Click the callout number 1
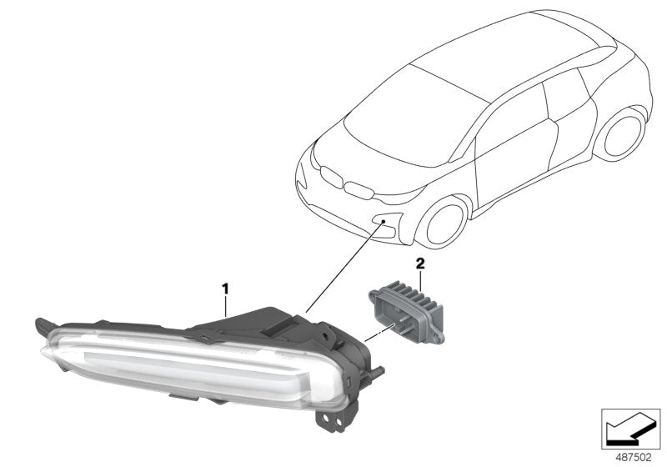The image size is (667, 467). point(224,289)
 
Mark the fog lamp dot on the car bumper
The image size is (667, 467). point(384,222)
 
